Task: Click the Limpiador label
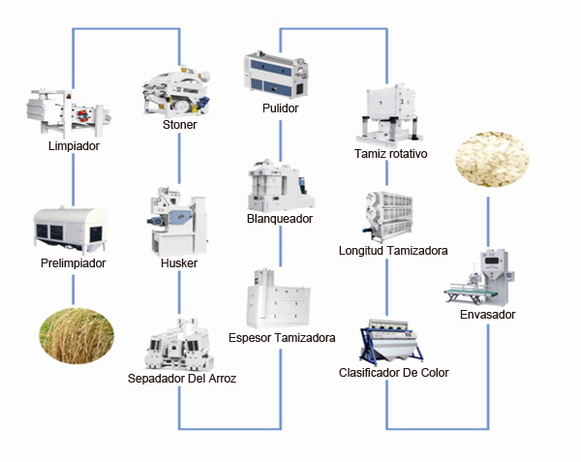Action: [74, 146]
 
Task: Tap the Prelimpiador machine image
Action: [70, 231]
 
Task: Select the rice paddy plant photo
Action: [76, 336]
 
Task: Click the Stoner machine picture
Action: [177, 91]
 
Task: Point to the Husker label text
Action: [179, 263]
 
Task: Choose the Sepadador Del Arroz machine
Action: [180, 344]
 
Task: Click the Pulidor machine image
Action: [276, 76]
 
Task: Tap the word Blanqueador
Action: [280, 219]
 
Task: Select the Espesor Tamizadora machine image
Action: [279, 299]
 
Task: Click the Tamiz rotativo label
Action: [391, 153]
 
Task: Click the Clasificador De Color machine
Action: [391, 342]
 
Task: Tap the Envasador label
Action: [488, 315]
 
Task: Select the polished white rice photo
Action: [492, 159]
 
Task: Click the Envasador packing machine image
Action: [481, 278]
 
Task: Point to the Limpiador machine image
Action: [69, 112]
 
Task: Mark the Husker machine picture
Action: [178, 221]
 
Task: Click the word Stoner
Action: [180, 125]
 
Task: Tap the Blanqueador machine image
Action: [281, 185]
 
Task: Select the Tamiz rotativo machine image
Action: [390, 114]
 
